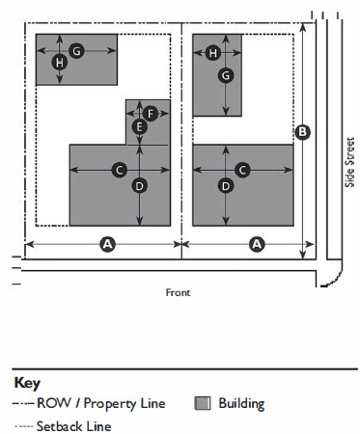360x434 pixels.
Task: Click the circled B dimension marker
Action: [302, 132]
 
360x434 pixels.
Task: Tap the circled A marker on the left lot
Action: [108, 244]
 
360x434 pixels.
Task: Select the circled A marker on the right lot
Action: [257, 244]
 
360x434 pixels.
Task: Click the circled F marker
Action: [151, 114]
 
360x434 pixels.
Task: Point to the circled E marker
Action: [140, 126]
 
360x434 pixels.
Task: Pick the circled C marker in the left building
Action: [120, 170]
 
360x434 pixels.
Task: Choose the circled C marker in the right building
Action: [242, 170]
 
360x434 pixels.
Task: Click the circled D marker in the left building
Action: [140, 186]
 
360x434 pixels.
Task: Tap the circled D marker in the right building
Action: [226, 186]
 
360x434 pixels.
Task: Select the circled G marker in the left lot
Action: [76, 51]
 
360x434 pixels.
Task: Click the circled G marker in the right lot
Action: [226, 75]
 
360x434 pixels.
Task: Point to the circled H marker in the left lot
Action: [60, 63]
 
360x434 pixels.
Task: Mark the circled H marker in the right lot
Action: [213, 53]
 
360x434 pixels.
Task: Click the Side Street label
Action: [349, 162]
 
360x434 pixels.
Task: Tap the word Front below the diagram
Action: [178, 292]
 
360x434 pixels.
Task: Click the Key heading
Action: [27, 383]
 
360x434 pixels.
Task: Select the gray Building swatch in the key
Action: [203, 403]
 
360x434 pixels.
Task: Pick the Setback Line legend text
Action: [73, 426]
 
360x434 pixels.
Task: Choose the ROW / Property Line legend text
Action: [101, 404]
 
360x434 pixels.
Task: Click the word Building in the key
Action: [241, 404]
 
